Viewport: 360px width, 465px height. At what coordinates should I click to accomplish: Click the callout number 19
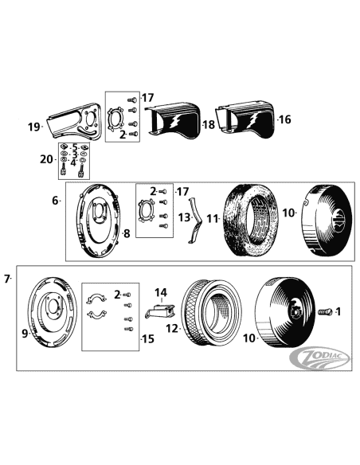tap(33, 127)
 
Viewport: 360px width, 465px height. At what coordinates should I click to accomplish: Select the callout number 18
tap(209, 125)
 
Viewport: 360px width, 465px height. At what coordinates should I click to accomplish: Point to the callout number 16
tap(285, 120)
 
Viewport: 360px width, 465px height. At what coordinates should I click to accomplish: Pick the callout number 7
tap(7, 279)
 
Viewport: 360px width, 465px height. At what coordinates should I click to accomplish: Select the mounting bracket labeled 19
tap(72, 121)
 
